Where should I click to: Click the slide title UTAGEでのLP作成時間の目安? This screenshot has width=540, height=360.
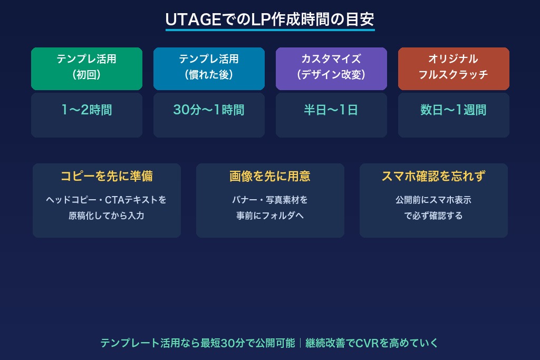click(270, 20)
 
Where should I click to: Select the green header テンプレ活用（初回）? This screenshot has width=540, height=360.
click(86, 67)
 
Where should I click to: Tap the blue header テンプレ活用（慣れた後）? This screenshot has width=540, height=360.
click(209, 67)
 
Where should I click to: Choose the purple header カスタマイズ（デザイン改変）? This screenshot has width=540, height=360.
click(331, 67)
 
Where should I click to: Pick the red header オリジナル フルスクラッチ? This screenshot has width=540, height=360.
click(454, 67)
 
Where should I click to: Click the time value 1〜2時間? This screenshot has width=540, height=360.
click(86, 110)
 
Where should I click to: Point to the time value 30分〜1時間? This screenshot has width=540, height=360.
click(209, 110)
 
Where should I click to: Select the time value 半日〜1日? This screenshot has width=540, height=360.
click(331, 110)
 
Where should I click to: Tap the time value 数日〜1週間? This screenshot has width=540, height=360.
click(454, 110)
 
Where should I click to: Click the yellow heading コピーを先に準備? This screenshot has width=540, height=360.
click(107, 177)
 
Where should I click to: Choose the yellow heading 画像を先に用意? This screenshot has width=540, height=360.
click(270, 177)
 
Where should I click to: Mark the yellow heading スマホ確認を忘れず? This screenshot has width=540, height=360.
click(433, 177)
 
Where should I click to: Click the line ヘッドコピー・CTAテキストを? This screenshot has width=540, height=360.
click(107, 200)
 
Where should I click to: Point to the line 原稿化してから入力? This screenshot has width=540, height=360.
click(107, 216)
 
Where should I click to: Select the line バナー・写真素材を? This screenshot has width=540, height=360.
click(270, 200)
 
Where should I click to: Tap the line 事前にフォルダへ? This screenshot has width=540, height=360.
click(270, 216)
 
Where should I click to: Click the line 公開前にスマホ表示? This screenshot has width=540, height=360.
click(433, 200)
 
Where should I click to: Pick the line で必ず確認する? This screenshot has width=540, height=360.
click(433, 216)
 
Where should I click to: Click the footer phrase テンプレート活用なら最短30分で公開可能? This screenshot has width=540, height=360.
click(198, 343)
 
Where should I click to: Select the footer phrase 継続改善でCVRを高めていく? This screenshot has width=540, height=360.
click(372, 343)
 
